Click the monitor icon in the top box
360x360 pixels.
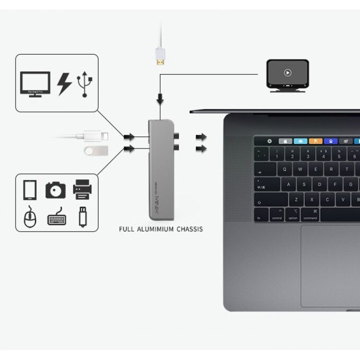[34, 84]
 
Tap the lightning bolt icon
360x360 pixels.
[63, 84]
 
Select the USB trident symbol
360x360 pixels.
[86, 84]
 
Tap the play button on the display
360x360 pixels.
[287, 72]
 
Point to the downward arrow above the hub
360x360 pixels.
[160, 100]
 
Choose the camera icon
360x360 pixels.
[55, 190]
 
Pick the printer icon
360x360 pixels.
[82, 189]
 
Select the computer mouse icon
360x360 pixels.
[29, 216]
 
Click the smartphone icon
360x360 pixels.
[29, 190]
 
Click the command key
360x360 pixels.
[309, 215]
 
